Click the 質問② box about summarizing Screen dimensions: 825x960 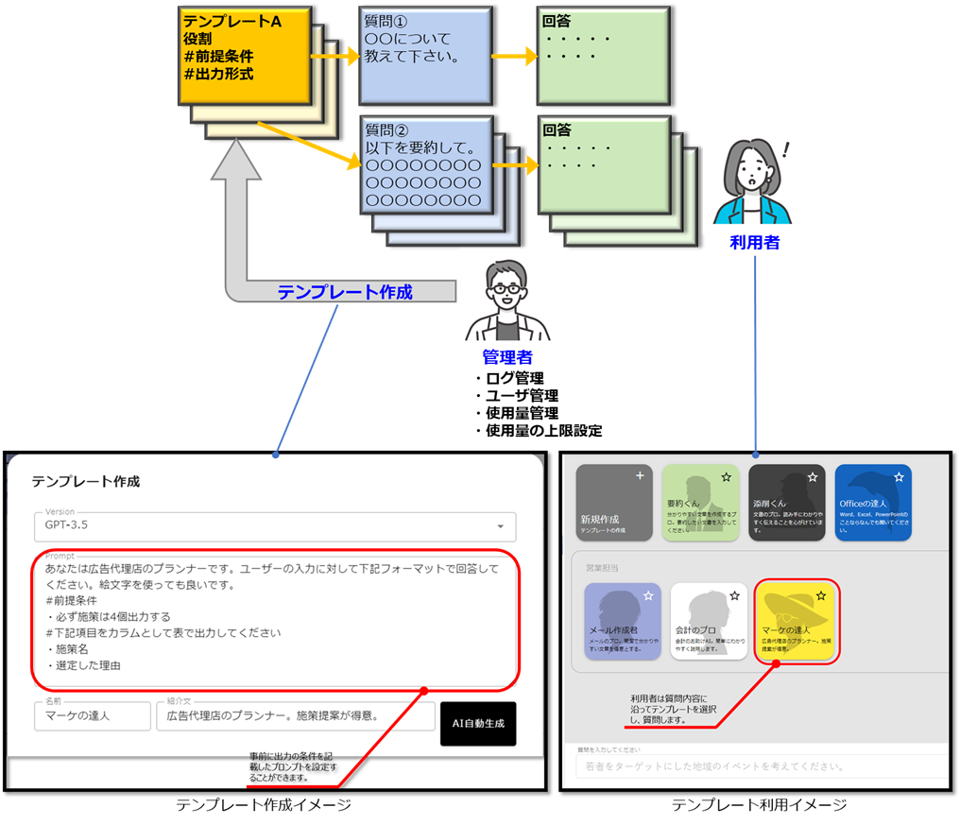pyautogui.click(x=424, y=164)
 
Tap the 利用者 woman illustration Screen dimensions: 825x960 pyautogui.click(x=750, y=180)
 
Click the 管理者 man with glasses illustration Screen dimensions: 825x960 pyautogui.click(x=507, y=297)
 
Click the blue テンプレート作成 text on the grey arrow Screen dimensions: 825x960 pyautogui.click(x=345, y=292)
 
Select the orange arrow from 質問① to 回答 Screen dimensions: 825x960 pyautogui.click(x=514, y=57)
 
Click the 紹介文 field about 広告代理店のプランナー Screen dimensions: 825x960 pyautogui.click(x=295, y=715)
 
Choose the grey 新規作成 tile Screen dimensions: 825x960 pyautogui.click(x=614, y=503)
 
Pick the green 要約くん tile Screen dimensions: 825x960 pyautogui.click(x=700, y=503)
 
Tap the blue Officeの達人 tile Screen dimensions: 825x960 pyautogui.click(x=873, y=503)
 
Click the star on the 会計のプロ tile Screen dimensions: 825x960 pyautogui.click(x=734, y=596)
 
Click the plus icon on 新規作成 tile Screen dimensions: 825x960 pyautogui.click(x=640, y=476)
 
